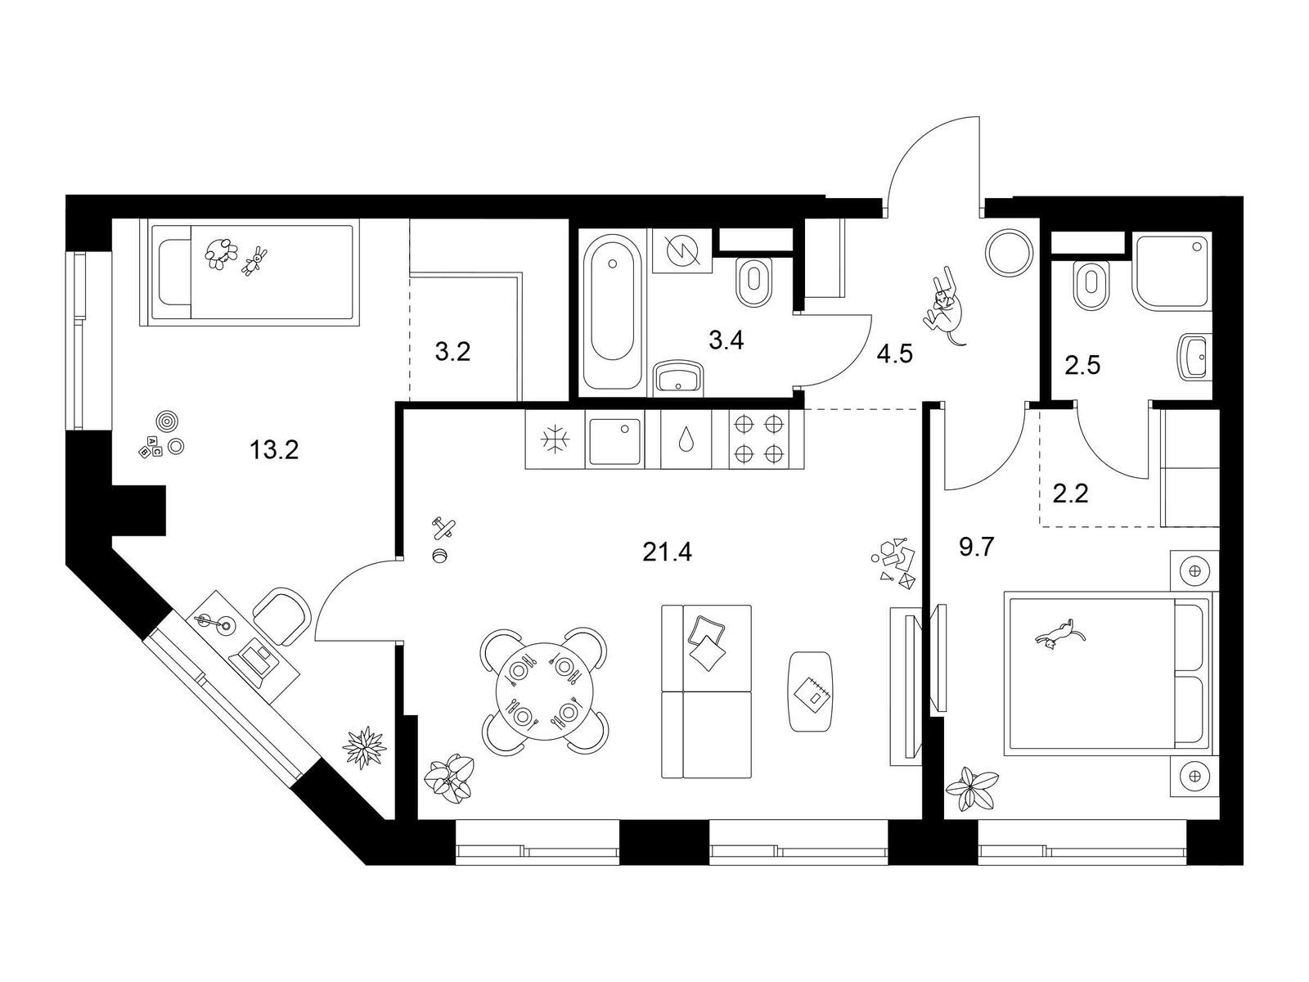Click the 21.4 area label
click(x=667, y=552)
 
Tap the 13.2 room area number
click(x=274, y=449)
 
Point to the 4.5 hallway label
click(x=894, y=354)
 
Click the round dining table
click(x=545, y=691)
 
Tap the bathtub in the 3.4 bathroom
click(x=613, y=312)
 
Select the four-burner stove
click(x=758, y=439)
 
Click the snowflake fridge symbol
click(x=555, y=439)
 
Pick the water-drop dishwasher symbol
click(x=686, y=439)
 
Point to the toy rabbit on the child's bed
click(x=254, y=260)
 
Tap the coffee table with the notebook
click(x=810, y=691)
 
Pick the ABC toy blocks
click(x=150, y=445)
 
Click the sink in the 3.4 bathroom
click(x=679, y=378)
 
